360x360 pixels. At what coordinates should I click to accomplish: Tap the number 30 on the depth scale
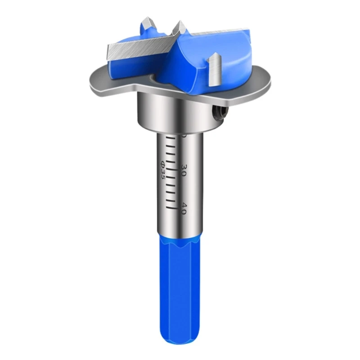coord(184,170)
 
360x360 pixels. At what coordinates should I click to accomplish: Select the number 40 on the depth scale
coord(184,208)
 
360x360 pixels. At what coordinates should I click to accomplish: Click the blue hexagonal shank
coord(180,279)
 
